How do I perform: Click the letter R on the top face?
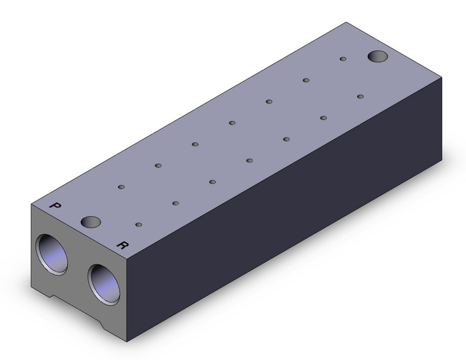tap(123, 245)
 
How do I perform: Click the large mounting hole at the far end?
tap(378, 57)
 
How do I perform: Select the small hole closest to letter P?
tap(121, 186)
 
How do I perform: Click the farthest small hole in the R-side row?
tap(361, 96)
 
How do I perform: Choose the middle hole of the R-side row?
tap(250, 161)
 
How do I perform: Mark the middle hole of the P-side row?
tap(232, 123)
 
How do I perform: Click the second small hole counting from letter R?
tap(175, 203)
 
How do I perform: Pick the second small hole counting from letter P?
tap(158, 165)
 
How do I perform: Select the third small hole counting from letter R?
tap(212, 182)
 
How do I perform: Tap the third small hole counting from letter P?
tap(194, 144)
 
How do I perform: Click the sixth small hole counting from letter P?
tap(305, 80)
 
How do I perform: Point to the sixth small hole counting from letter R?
tap(323, 118)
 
